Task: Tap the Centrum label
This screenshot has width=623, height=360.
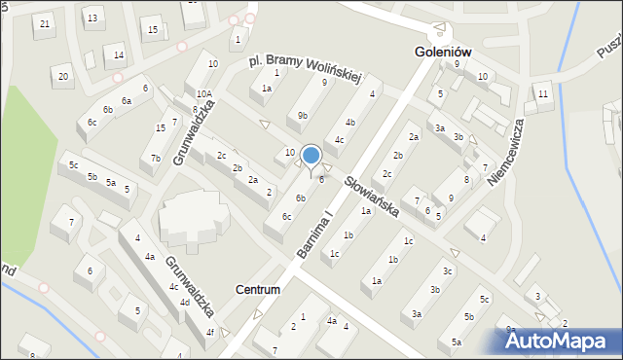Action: pos(258,290)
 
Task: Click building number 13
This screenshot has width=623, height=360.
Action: pos(92,18)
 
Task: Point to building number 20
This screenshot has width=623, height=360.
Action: pos(64,76)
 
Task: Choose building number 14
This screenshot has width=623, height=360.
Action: pos(118,54)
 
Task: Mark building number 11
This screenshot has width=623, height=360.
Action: pos(543,94)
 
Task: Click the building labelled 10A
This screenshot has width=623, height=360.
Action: pos(203,94)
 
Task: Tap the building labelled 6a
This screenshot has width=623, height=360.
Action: pos(126,101)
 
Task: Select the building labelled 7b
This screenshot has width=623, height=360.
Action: pos(155,159)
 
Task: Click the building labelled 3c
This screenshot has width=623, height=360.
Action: pos(447,270)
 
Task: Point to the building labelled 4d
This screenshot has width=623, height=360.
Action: pos(184,302)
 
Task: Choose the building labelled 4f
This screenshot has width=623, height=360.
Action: pos(209,333)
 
